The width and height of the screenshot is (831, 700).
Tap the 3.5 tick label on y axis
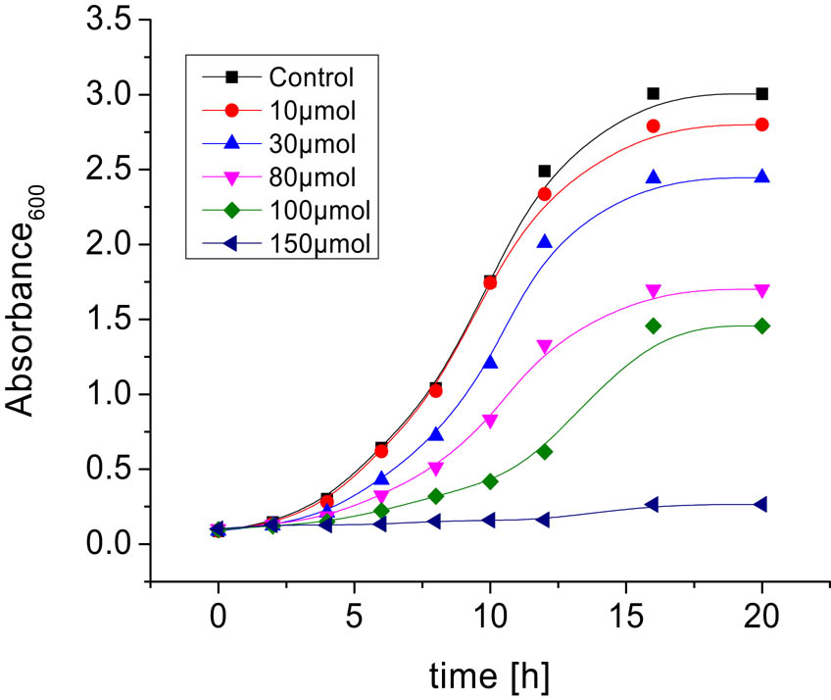click(106, 20)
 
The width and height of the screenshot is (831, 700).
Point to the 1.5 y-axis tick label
click(106, 320)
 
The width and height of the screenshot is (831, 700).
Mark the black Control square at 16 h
click(654, 94)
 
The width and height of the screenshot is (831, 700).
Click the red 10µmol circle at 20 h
click(762, 125)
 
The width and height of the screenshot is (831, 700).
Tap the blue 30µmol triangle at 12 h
click(545, 241)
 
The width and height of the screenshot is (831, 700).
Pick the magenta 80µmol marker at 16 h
click(654, 291)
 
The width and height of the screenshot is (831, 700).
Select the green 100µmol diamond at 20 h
click(762, 325)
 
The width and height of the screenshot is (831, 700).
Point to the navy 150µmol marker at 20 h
click(761, 504)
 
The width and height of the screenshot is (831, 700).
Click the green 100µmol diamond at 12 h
click(545, 451)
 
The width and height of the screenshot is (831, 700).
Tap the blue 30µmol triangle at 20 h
click(762, 176)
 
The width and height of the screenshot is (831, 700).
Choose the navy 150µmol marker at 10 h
click(490, 520)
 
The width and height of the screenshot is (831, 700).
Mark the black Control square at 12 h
click(545, 172)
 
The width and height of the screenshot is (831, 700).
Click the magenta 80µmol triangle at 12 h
click(545, 346)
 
